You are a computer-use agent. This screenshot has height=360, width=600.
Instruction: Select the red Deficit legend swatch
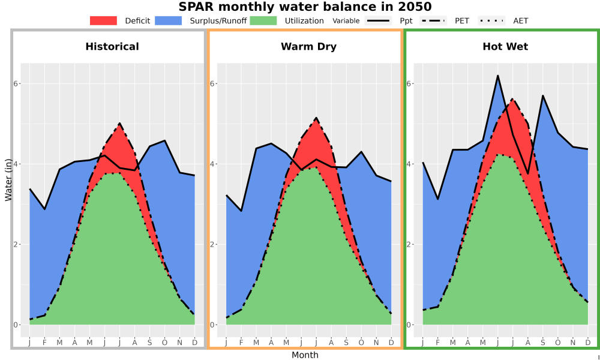point(103,20)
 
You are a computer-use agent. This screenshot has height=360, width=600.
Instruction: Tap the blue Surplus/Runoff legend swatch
point(169,20)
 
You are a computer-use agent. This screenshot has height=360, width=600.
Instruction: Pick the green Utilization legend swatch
point(263,20)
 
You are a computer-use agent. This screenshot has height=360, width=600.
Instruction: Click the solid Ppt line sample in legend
point(378,20)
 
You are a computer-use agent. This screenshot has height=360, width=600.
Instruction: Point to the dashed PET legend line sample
point(433,20)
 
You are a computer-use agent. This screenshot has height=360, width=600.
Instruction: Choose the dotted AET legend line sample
point(491,20)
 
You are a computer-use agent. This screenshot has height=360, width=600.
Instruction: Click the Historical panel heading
point(112,47)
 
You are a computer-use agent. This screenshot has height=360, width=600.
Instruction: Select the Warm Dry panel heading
point(309,47)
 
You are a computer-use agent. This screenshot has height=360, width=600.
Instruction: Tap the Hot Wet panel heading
point(505,47)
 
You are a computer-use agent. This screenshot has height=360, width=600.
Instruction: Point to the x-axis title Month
point(305,355)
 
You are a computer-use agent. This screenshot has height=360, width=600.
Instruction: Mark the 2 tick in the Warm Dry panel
point(213,244)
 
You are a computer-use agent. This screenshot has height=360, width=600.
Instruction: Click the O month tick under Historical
point(164,343)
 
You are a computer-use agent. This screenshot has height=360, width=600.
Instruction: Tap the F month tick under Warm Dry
point(241,343)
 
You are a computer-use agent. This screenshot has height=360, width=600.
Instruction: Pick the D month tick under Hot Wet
point(588,343)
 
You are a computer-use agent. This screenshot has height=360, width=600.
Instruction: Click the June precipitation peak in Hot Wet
point(498,76)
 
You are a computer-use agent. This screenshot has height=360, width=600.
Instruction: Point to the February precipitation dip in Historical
point(45,209)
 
